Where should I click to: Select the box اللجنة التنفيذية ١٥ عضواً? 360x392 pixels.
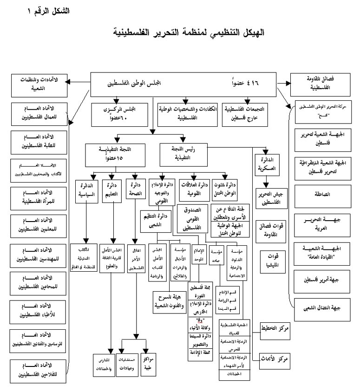[x=111, y=154]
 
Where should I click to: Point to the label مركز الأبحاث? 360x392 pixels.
[x=279, y=360]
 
